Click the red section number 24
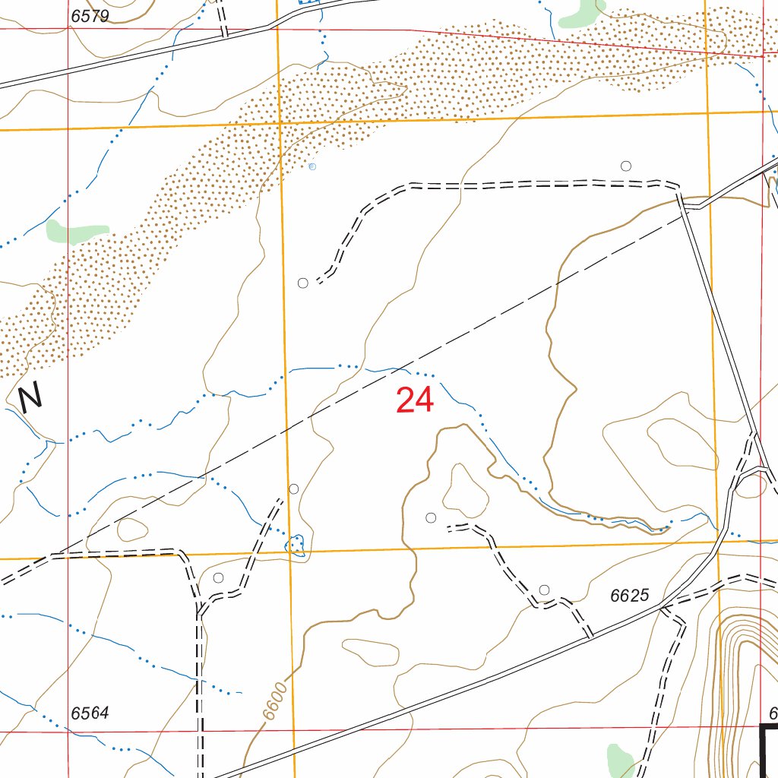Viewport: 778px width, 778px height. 415,400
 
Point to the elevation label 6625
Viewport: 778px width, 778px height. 630,596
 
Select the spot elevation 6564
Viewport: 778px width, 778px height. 90,713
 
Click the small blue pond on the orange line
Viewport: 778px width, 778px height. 295,544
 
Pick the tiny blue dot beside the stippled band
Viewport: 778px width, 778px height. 312,166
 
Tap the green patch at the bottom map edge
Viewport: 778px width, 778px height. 621,758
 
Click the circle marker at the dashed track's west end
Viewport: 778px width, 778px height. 303,283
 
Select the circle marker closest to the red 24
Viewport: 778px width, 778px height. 431,518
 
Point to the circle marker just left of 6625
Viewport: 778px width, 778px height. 544,590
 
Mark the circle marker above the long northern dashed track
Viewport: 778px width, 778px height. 626,166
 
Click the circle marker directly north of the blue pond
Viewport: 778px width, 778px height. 294,489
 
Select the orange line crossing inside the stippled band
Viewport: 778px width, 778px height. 280,123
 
